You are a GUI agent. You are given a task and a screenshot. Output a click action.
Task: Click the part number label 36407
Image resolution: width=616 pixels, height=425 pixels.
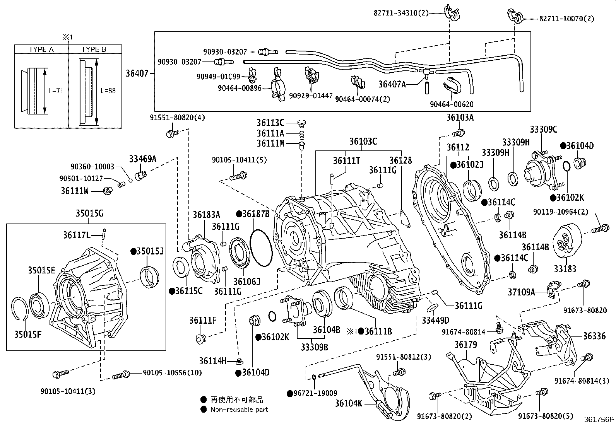137,73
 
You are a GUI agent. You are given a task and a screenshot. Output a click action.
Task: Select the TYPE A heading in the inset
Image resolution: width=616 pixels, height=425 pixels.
41,49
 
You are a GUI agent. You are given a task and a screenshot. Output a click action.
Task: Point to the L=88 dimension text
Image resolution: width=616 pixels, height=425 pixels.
108,91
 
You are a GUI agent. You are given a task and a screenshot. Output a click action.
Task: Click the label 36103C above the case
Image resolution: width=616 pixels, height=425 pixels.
363,142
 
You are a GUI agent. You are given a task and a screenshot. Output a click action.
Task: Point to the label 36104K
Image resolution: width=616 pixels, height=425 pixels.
348,403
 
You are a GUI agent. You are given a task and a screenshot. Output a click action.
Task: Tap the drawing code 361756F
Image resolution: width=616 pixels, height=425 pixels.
599,419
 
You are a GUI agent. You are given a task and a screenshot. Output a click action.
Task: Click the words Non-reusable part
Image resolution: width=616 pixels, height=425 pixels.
239,409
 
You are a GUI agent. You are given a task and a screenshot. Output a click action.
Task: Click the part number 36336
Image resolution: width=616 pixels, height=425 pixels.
594,336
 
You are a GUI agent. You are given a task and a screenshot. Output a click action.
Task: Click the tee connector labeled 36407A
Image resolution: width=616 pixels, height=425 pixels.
426,72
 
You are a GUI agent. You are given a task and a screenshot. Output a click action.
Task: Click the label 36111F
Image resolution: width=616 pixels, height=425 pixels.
203,320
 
